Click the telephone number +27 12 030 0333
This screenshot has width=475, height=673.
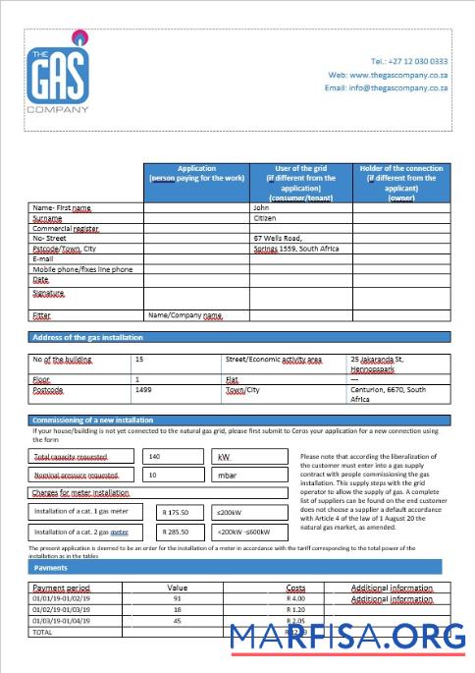pos(409,61)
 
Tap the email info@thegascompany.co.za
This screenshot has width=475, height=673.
pos(387,87)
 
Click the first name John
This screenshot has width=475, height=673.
pos(260,208)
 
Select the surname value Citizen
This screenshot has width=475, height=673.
pos(266,218)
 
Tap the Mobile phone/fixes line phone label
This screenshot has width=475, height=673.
pos(82,268)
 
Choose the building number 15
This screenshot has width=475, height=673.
pos(139,360)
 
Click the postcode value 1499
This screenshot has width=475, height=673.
pos(143,389)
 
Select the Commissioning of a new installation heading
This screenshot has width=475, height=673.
pos(107,421)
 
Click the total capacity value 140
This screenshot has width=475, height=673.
pos(154,456)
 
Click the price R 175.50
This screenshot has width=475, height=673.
pos(181,512)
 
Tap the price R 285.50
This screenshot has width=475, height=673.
pos(181,532)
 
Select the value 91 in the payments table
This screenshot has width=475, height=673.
pos(177,598)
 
